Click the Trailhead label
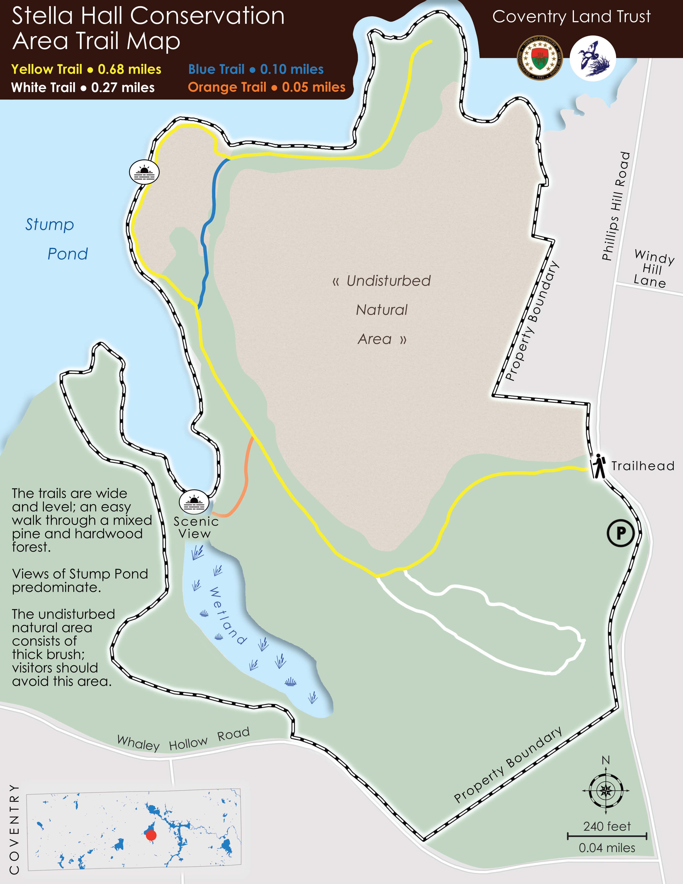(643, 466)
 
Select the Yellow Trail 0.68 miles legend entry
(86, 69)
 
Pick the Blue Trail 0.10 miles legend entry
(256, 69)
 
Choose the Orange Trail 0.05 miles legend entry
(267, 87)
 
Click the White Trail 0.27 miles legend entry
(83, 87)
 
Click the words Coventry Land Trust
(571, 17)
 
